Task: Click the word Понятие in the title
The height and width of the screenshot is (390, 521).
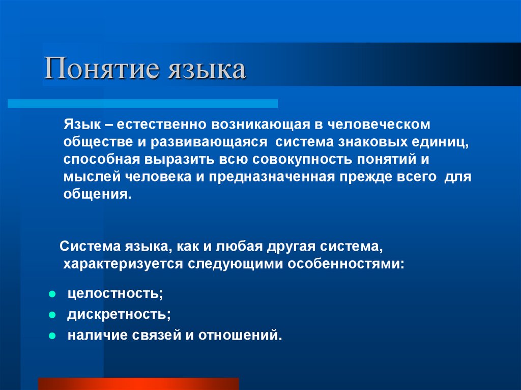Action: point(101,69)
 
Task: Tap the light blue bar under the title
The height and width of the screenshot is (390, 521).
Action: point(142,103)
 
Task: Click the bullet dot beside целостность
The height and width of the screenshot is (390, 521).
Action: point(51,294)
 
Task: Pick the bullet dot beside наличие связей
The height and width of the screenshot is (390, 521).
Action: point(51,336)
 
